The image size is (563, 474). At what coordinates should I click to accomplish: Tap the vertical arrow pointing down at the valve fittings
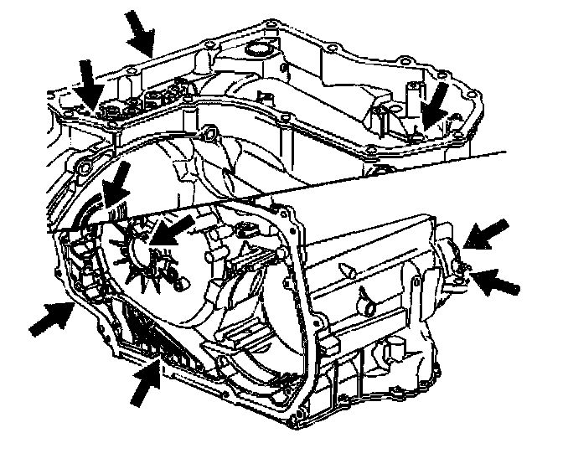click(88, 84)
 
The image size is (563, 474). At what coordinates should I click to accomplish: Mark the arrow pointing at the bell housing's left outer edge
click(50, 318)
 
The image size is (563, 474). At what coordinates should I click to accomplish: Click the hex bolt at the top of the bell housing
click(207, 131)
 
